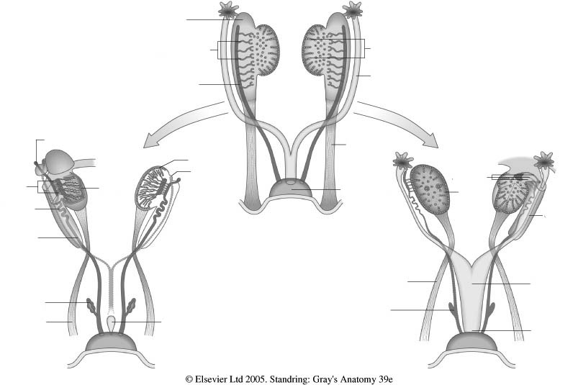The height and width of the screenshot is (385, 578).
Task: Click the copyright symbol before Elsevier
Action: pyautogui.click(x=189, y=379)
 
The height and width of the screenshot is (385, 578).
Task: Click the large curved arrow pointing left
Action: pyautogui.click(x=184, y=124)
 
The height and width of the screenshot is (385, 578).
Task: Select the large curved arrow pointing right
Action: pyautogui.click(x=397, y=124)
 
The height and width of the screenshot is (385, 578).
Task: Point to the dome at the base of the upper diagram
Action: pyautogui.click(x=292, y=189)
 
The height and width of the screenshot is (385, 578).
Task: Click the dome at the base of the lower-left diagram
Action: pyautogui.click(x=111, y=342)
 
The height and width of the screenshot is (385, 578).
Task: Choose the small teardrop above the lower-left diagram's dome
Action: pyautogui.click(x=112, y=325)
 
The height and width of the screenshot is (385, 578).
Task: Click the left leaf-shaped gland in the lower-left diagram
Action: pyautogui.click(x=91, y=306)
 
